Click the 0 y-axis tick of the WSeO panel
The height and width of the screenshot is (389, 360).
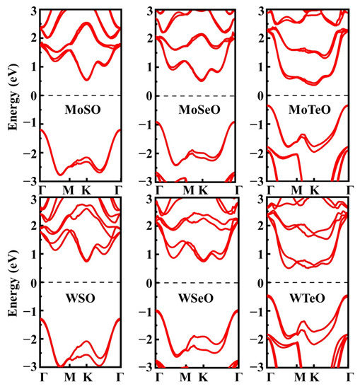click(149, 284)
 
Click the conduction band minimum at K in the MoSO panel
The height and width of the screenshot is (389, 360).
click(86, 79)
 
